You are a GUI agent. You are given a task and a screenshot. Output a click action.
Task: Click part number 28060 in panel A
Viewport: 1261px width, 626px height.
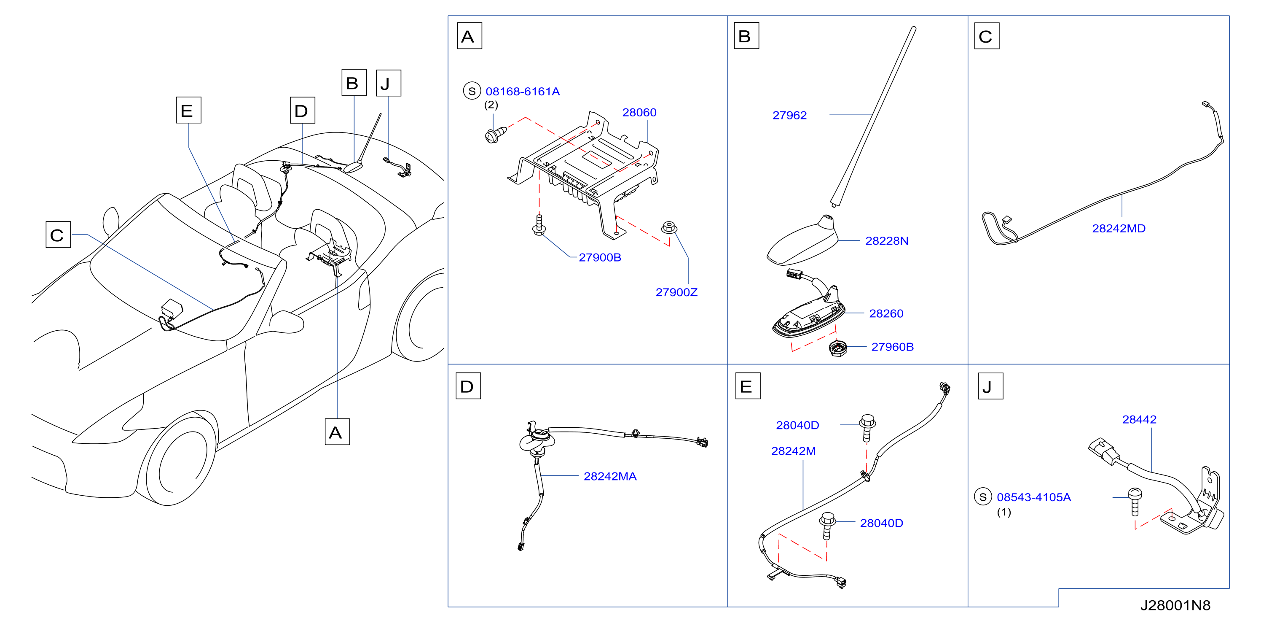click(x=639, y=113)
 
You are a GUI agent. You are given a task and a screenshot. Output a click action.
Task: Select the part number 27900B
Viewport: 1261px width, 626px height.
click(x=600, y=258)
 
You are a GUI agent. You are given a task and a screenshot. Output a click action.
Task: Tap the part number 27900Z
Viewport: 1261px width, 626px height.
click(x=676, y=292)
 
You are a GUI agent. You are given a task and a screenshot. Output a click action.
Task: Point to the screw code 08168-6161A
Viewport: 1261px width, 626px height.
click(x=522, y=92)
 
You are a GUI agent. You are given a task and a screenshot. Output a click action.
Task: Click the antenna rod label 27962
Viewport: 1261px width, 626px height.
click(x=789, y=116)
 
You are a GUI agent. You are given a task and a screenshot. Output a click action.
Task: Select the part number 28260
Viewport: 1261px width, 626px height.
click(x=886, y=313)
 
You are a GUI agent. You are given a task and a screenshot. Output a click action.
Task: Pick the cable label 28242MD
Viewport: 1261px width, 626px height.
click(x=1119, y=229)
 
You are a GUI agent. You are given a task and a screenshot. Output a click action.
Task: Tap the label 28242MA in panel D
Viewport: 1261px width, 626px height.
click(x=610, y=477)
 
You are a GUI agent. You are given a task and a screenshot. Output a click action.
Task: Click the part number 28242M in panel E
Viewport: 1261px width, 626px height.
click(x=794, y=451)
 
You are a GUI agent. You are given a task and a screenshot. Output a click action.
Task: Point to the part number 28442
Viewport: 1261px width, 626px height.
click(x=1139, y=420)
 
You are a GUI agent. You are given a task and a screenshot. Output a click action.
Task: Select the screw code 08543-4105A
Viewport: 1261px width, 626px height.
click(x=1034, y=498)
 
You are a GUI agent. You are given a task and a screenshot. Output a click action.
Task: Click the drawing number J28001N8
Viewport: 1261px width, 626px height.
click(x=1175, y=605)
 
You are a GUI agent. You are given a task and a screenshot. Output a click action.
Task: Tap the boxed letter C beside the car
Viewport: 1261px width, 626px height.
click(x=58, y=235)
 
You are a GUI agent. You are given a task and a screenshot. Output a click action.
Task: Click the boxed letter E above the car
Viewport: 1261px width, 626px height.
click(x=188, y=110)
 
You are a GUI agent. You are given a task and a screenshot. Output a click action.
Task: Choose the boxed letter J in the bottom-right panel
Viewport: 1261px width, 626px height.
click(x=990, y=386)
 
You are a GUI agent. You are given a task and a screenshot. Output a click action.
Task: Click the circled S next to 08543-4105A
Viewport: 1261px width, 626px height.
click(x=983, y=497)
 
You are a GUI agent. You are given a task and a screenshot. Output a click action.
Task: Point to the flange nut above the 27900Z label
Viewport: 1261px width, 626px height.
click(x=669, y=228)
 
